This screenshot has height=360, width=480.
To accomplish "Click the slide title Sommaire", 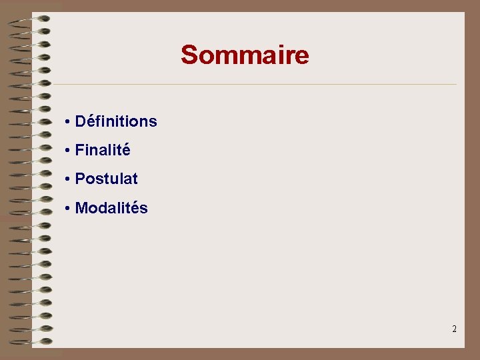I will click(245, 55).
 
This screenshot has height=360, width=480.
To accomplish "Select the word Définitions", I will click(116, 121).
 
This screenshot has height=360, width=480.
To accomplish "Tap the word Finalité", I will click(103, 151).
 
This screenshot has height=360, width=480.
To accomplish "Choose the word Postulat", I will click(107, 179).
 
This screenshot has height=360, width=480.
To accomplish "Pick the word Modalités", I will click(111, 208).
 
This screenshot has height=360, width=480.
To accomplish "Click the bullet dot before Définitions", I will click(68, 122).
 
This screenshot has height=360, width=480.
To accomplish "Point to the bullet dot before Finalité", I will click(68, 151).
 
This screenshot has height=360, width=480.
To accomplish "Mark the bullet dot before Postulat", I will click(68, 179).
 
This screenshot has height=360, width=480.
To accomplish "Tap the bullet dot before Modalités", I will click(68, 209).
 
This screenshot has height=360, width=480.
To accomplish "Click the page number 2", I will click(454, 329).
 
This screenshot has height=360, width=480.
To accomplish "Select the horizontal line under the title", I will click(253, 85).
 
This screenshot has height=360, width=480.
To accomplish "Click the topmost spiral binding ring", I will click(33, 19).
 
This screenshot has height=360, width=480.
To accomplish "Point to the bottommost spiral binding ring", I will click(33, 341).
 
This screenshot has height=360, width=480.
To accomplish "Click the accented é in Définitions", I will click(90, 121).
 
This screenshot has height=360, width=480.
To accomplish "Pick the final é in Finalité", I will click(126, 150).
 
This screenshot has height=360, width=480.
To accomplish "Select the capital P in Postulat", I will click(80, 179).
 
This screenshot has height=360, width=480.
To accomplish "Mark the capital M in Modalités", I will click(81, 208).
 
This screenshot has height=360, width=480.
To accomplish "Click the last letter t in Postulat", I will click(135, 179).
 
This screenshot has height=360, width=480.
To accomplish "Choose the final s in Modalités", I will click(144, 209).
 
